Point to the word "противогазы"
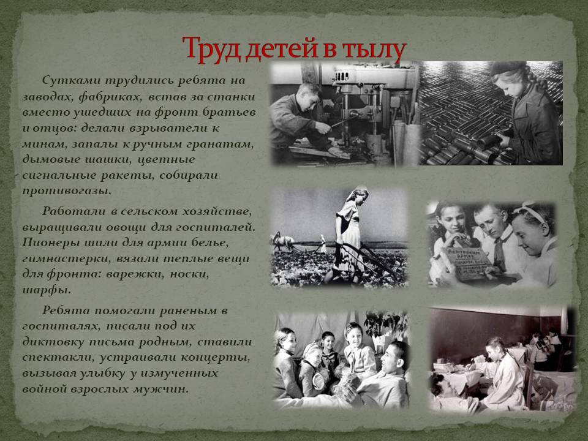pyautogui.click(x=67, y=191)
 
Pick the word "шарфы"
pyautogui.click(x=47, y=290)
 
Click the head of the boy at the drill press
pyautogui.click(x=308, y=94)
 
